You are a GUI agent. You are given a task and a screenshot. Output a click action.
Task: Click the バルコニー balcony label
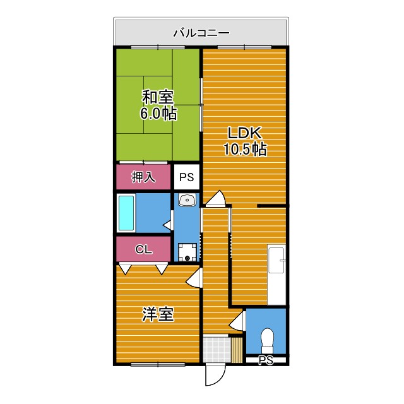[x=201, y=33]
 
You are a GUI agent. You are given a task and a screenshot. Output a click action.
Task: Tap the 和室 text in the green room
[x=158, y=98]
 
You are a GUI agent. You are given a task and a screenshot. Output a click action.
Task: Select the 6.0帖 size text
[x=158, y=114]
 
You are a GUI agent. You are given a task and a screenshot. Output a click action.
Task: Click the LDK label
[x=244, y=133]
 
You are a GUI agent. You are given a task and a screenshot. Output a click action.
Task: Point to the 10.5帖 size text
[x=244, y=150]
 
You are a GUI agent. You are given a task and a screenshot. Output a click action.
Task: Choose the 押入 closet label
[x=143, y=177]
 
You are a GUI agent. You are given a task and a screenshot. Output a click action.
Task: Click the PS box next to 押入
[x=186, y=177]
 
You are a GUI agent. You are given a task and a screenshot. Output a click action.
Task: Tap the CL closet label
[x=143, y=249]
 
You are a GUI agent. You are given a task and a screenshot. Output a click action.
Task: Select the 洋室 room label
[x=158, y=314]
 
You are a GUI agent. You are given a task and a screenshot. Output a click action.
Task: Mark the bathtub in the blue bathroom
[x=126, y=213]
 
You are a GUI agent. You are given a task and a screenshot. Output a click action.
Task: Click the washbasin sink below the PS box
[x=187, y=201]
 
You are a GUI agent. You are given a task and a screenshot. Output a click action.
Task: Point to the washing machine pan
[x=187, y=252]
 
